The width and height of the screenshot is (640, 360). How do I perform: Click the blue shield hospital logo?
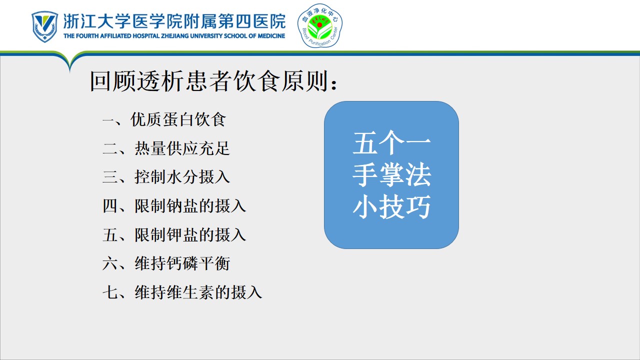(44, 26)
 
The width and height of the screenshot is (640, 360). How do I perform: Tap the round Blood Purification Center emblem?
(319, 25)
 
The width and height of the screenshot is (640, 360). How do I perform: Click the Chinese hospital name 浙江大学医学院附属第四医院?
(174, 21)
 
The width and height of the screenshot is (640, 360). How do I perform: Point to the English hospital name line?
(174, 36)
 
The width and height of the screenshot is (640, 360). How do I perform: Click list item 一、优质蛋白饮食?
(164, 119)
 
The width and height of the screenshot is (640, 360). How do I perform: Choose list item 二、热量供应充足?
(166, 148)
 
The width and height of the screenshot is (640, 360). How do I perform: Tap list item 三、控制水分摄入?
(166, 177)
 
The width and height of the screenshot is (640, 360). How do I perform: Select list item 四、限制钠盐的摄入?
(174, 205)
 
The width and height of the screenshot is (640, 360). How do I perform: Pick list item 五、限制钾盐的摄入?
(174, 234)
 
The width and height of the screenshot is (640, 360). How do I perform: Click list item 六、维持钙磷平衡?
(166, 263)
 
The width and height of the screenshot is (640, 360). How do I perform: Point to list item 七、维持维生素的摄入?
(182, 292)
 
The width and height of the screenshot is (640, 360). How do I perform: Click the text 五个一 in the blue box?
(391, 143)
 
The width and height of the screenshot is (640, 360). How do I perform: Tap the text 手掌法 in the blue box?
(391, 174)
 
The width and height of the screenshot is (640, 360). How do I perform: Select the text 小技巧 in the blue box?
(391, 206)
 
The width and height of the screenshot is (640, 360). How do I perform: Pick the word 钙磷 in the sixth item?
(182, 263)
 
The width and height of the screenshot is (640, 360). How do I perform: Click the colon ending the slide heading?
(333, 84)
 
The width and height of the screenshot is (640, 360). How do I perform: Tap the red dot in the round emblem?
(319, 25)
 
